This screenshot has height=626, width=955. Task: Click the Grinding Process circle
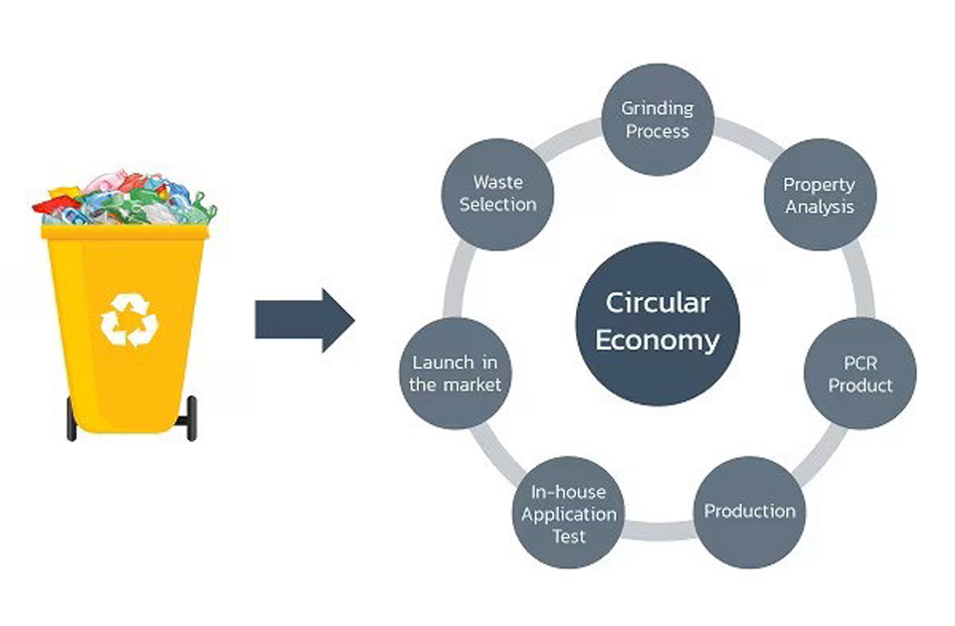pyautogui.click(x=658, y=119)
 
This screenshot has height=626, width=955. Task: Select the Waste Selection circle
pyautogui.click(x=497, y=194)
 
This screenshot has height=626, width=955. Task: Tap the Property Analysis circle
pyautogui.click(x=820, y=195)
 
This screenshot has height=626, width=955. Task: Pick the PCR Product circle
pyautogui.click(x=859, y=373)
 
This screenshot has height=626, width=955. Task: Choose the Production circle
pyautogui.click(x=750, y=513)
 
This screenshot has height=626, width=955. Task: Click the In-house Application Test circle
pyautogui.click(x=568, y=513)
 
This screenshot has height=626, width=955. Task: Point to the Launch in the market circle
pyautogui.click(x=455, y=373)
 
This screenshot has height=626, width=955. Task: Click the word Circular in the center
pyautogui.click(x=658, y=303)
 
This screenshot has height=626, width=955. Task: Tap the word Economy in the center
pyautogui.click(x=658, y=340)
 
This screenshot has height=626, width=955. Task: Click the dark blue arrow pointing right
pyautogui.click(x=304, y=320)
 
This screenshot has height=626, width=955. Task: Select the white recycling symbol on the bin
pyautogui.click(x=129, y=320)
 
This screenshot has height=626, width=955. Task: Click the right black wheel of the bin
pyautogui.click(x=191, y=418)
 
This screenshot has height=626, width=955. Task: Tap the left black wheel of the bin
pyautogui.click(x=72, y=418)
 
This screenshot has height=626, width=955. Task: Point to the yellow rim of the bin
pyautogui.click(x=125, y=232)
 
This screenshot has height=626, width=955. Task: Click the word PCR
pyautogui.click(x=859, y=364)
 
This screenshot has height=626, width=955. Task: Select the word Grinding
pyautogui.click(x=658, y=109)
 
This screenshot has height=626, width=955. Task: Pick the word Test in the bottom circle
pyautogui.click(x=569, y=536)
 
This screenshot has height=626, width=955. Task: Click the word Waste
pyautogui.click(x=498, y=182)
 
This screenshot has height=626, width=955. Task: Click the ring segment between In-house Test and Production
pyautogui.click(x=659, y=531)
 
